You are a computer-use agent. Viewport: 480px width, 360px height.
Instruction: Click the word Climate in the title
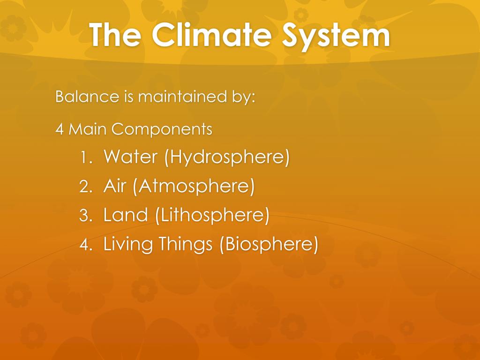(x=216, y=35)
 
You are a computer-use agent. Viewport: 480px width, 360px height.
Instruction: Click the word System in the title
(x=336, y=35)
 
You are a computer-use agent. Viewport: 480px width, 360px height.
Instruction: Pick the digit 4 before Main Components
(x=60, y=129)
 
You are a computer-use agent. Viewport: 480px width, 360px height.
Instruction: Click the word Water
(x=130, y=157)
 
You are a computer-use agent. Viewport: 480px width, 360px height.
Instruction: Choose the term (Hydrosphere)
(x=226, y=157)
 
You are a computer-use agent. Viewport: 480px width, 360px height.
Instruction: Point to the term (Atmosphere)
(x=194, y=187)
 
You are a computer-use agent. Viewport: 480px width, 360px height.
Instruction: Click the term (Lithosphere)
(x=212, y=216)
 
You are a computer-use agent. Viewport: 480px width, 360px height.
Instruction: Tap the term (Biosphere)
(x=269, y=245)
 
